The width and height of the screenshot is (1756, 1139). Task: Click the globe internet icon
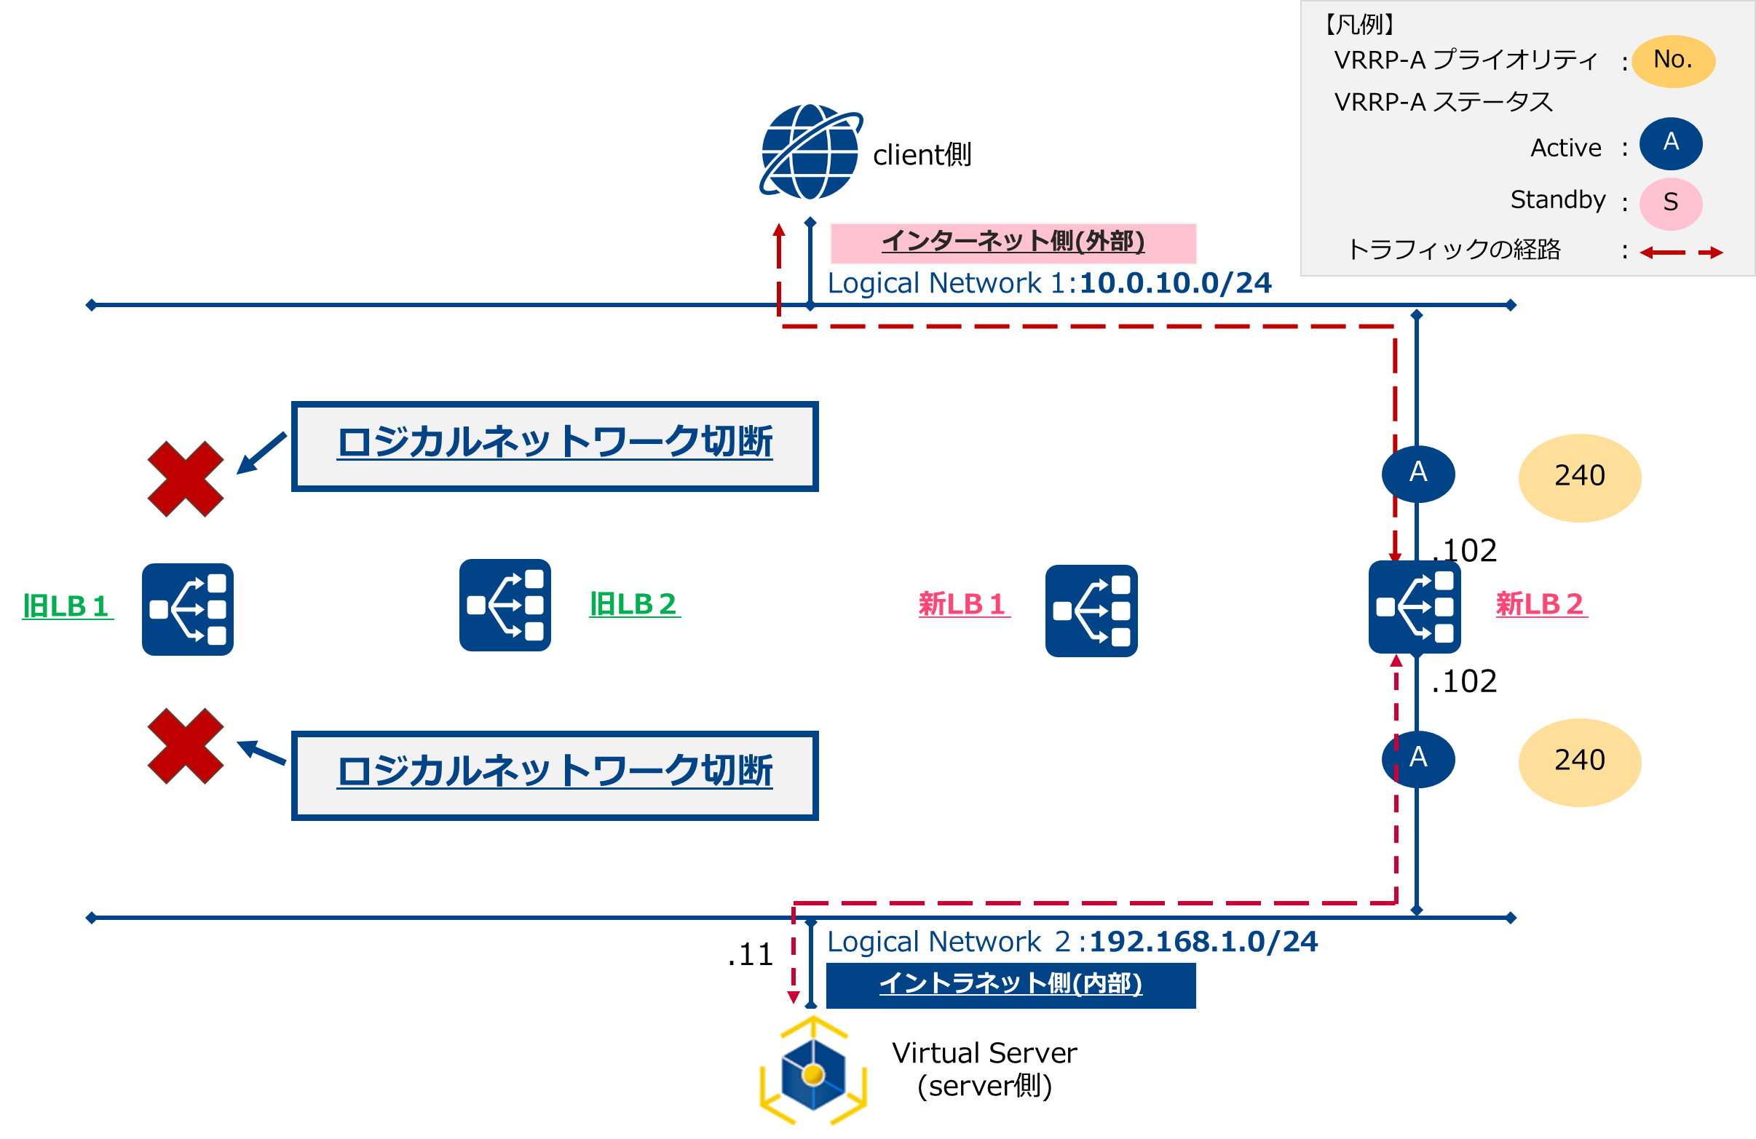pos(810,152)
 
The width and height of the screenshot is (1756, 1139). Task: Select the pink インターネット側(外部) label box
pos(1012,242)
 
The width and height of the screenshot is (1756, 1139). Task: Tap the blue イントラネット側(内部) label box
pos(1010,985)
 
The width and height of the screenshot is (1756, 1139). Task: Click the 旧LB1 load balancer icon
pos(187,609)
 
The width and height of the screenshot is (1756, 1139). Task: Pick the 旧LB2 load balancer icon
pos(505,605)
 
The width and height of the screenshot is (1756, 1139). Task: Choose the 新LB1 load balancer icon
pos(1091,611)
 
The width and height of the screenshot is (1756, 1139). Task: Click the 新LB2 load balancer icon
pos(1414,606)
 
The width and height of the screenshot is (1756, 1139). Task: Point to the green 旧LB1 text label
pos(66,606)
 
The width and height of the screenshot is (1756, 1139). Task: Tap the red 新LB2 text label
pos(1541,604)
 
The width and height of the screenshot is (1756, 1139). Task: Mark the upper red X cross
pos(185,479)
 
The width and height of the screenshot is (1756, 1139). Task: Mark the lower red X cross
pos(185,746)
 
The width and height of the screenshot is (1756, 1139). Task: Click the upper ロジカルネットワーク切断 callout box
pos(554,445)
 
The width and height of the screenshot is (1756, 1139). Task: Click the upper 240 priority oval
pos(1579,477)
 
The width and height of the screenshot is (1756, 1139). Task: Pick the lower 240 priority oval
pos(1579,761)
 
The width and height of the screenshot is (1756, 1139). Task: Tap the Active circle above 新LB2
pos(1417,474)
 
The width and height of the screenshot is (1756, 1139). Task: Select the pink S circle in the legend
pos(1670,203)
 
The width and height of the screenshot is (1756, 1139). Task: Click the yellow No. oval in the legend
pos(1672,60)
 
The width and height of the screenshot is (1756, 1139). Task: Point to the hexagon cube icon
pos(812,1073)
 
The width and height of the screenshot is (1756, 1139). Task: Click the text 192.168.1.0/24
pos(1203,942)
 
